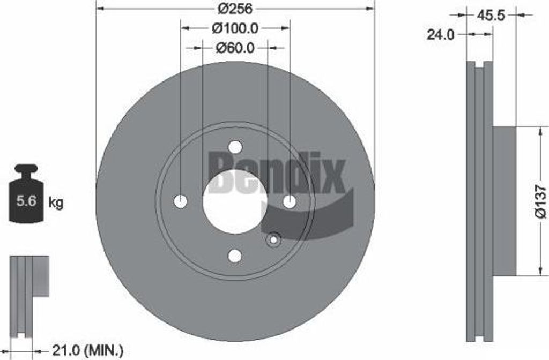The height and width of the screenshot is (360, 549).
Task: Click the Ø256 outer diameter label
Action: [x=235, y=9]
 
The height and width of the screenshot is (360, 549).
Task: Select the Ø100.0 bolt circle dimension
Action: [x=235, y=28]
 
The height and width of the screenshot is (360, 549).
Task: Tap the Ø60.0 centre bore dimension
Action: [x=235, y=48]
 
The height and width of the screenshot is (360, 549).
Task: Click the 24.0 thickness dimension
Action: [x=440, y=35]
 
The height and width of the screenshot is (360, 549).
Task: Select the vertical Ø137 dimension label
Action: [x=541, y=202]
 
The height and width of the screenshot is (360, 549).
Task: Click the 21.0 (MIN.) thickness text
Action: [x=87, y=350]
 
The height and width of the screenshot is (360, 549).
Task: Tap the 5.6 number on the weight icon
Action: [x=27, y=201]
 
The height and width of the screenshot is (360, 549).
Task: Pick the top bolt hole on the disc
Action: [x=235, y=147]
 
